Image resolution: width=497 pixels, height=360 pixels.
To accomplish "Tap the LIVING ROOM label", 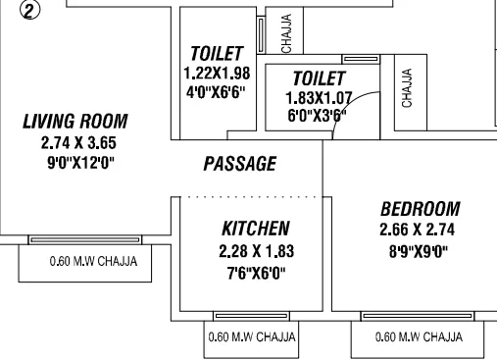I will [x=75, y=123].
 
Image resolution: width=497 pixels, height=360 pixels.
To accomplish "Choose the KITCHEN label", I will [x=255, y=229].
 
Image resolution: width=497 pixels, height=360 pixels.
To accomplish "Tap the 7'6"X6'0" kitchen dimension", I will [x=255, y=271].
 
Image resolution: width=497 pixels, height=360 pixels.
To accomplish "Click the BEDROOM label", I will [x=420, y=209].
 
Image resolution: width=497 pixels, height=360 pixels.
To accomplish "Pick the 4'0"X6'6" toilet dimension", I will [x=218, y=93].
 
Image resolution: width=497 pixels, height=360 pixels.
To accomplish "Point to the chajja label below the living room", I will [x=93, y=262].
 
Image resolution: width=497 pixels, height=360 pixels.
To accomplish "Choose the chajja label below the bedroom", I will [x=418, y=337].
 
